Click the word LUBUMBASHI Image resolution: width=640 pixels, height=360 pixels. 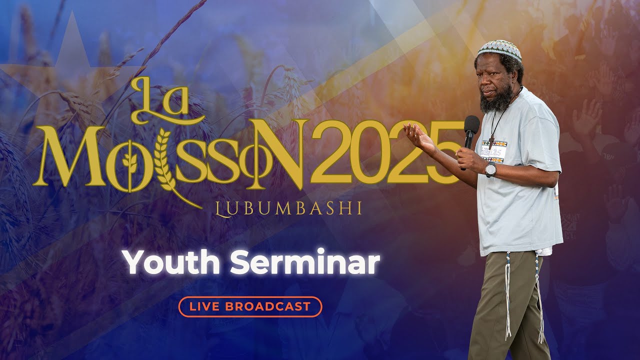pos(287,208)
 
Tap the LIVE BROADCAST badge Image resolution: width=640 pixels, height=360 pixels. pos(250,306)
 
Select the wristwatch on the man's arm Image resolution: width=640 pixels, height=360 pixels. pos(490,169)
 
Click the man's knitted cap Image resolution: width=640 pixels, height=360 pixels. pos(498,49)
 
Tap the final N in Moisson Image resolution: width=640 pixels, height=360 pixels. pos(282,152)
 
